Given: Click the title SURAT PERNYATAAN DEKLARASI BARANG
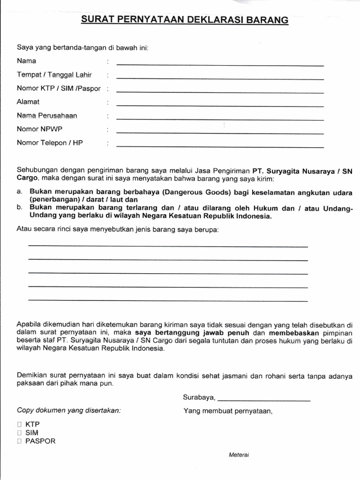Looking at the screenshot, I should [x=185, y=20].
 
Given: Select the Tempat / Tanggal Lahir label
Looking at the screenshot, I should [x=54, y=75].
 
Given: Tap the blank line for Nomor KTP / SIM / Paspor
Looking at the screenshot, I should [x=220, y=92].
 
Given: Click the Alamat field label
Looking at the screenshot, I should [x=28, y=102].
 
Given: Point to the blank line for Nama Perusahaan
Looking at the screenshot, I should [x=220, y=120].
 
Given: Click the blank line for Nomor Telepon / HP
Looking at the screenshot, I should [x=220, y=147].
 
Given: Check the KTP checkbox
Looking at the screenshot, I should [x=19, y=424].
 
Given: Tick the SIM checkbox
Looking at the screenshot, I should [x=19, y=433].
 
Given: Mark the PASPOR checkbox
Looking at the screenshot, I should [x=19, y=441].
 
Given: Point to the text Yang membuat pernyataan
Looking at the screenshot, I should [x=227, y=411].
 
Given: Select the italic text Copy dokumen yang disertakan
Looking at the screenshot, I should [x=69, y=410].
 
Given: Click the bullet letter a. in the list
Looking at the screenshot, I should [x=20, y=192].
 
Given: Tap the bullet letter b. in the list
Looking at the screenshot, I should [x=20, y=208].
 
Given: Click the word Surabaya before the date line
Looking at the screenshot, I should [x=199, y=397].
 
